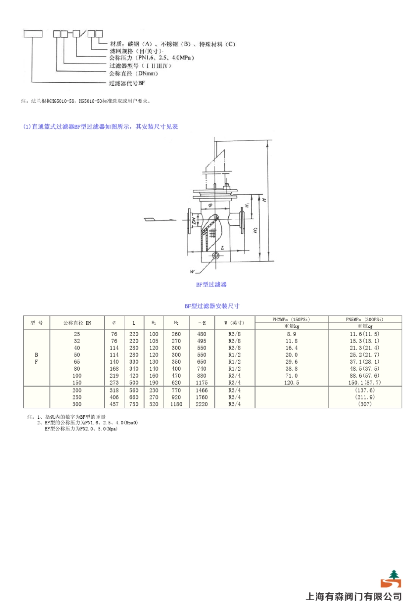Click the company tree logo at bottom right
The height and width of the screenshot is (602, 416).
[391, 579]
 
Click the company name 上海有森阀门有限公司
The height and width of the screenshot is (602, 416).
[353, 596]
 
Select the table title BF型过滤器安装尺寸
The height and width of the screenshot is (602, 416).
[212, 306]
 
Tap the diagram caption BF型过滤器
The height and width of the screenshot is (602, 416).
[211, 284]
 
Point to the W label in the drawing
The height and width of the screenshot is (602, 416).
[192, 272]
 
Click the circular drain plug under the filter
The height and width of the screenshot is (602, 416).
[215, 255]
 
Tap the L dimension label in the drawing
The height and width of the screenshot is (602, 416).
[222, 248]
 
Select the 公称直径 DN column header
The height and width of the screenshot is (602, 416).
[77, 323]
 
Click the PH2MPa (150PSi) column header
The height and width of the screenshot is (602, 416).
[291, 319]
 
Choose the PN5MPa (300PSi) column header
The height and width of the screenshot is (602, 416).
[364, 319]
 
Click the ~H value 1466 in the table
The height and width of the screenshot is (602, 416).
[201, 390]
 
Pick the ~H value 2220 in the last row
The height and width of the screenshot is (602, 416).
[201, 404]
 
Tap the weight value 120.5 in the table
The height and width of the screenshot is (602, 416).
[291, 382]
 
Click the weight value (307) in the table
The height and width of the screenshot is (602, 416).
[364, 404]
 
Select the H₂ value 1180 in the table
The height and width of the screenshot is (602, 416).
[176, 404]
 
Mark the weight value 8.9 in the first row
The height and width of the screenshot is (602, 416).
[291, 334]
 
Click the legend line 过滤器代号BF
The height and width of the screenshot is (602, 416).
[127, 83]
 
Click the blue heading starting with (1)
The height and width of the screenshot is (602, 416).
[100, 126]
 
